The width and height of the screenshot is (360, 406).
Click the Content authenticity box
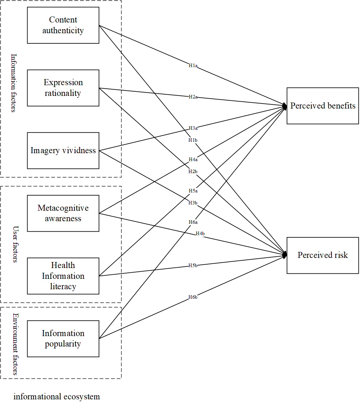click(x=63, y=25)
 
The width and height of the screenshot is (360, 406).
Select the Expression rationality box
click(x=63, y=88)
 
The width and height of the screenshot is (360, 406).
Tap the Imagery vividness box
click(x=63, y=151)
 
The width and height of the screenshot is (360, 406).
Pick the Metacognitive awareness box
click(x=63, y=213)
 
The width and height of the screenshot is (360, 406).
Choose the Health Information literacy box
click(x=63, y=276)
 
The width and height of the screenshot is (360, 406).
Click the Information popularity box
click(x=63, y=339)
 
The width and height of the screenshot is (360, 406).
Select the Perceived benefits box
click(x=323, y=106)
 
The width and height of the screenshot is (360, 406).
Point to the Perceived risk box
click(x=323, y=255)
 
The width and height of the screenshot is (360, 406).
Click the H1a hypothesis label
click(x=193, y=66)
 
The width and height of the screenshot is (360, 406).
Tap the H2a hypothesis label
click(x=193, y=97)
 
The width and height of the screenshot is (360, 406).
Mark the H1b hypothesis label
click(x=193, y=140)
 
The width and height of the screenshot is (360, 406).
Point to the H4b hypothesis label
click(x=200, y=234)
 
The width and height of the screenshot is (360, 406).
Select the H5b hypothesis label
click(x=193, y=265)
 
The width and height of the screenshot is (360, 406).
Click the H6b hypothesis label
click(x=193, y=297)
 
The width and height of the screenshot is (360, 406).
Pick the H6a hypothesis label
click(x=193, y=222)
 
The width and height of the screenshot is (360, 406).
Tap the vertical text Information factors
click(x=14, y=83)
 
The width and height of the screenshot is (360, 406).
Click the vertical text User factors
click(x=15, y=244)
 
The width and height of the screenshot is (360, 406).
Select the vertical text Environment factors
click(x=15, y=344)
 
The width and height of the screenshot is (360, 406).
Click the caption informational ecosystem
click(x=57, y=397)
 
